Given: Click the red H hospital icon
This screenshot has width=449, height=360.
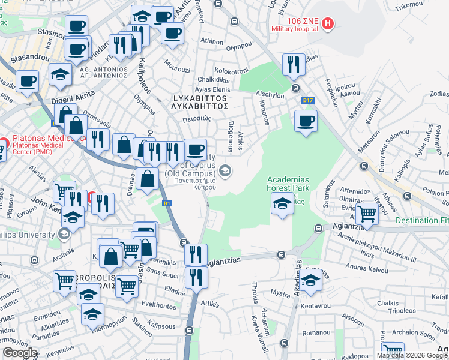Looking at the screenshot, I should coord(328,24).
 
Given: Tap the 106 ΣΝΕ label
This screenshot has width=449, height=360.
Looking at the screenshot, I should coord(302,21).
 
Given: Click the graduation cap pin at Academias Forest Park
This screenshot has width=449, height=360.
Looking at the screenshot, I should coord(282,203).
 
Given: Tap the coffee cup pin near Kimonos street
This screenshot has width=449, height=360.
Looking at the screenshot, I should coord(306,121).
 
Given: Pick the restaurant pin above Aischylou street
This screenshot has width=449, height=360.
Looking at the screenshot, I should coord(293,65).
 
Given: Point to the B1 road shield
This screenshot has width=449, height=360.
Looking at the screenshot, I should coord(167,203).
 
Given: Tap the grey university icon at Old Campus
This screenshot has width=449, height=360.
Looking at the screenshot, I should coord(224,172).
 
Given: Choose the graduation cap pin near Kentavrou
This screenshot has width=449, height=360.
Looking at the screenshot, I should coord(310,280).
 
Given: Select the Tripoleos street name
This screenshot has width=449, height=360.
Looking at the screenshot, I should coord(402,310).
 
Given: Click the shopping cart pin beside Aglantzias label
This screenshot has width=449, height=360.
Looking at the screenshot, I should coord(366,213).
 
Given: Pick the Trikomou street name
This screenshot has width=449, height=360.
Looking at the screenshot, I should coord(410,4).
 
